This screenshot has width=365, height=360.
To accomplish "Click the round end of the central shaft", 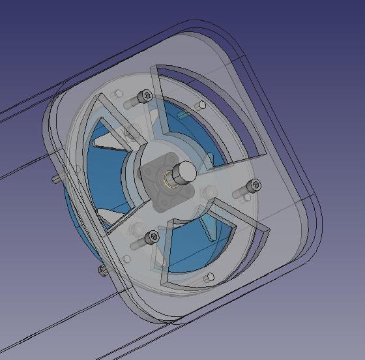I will point(185,172).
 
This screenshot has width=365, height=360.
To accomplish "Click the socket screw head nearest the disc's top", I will point(147,97).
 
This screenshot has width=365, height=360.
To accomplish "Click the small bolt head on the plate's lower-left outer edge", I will point(102,269).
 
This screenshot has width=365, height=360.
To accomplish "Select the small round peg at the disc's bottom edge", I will point(210,278).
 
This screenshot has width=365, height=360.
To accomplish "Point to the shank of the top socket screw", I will point(134,102).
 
